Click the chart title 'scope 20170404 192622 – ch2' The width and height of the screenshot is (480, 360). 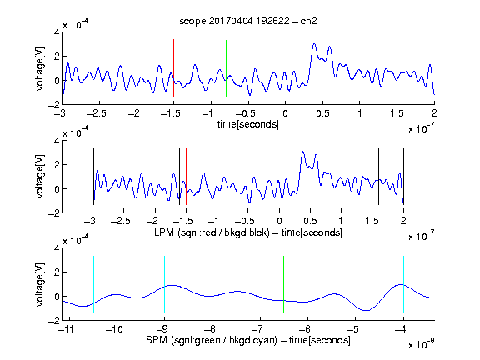coord(248,21)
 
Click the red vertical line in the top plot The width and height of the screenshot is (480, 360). coord(173,68)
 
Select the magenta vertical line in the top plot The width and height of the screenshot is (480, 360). coord(397,68)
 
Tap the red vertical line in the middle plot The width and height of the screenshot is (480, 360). coord(186,177)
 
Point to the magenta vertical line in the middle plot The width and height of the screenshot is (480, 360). coord(372,177)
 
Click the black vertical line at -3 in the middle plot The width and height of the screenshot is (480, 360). coord(93,177)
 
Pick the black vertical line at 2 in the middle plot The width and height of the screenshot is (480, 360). coord(403,177)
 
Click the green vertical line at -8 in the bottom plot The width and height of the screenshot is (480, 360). coord(212,284)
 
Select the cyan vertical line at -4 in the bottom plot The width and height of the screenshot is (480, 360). coord(403,284)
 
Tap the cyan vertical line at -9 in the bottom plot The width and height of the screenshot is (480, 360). coord(165,284)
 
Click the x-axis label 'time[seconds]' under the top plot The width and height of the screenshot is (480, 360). coord(248,124)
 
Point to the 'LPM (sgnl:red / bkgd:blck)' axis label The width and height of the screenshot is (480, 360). coord(212,232)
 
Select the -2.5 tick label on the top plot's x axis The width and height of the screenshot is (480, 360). coord(97,113)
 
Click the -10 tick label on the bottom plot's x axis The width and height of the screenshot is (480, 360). coord(114,329)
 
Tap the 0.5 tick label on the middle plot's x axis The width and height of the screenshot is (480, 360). coord(310,220)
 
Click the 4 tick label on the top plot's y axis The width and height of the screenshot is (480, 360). coord(57,32)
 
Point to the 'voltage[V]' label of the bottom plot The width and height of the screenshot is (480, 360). coord(40,284)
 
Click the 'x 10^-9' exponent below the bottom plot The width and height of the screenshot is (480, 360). coord(422,344)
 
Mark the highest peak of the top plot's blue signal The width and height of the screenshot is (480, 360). coord(314,44)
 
